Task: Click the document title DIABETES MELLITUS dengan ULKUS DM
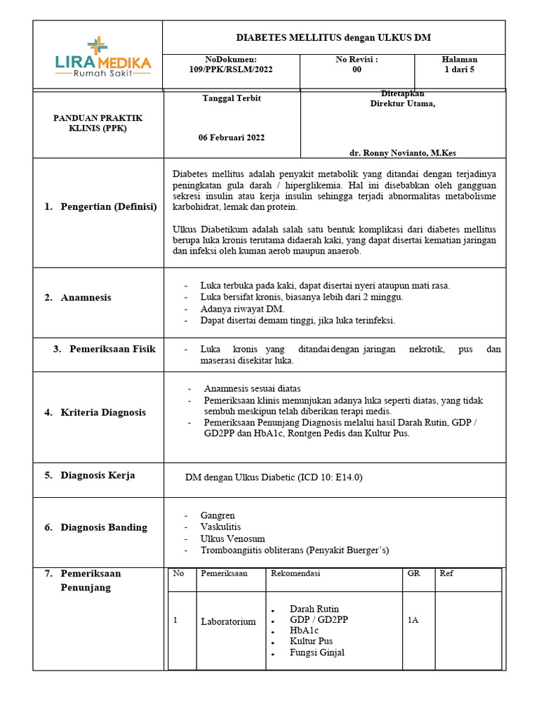333,38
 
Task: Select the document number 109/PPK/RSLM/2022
231,70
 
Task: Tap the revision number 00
357,70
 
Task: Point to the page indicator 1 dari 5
460,70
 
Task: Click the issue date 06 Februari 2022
232,138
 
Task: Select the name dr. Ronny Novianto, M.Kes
406,152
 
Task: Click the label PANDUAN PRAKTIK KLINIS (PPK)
98,123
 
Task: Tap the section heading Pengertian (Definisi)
108,206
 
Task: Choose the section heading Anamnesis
86,298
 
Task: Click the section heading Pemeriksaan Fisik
112,349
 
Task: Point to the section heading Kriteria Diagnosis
103,412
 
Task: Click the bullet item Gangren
218,515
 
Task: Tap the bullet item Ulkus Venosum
232,539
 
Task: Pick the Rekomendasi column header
295,574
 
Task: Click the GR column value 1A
413,621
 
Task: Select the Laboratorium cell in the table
228,621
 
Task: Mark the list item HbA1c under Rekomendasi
304,631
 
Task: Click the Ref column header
446,574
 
